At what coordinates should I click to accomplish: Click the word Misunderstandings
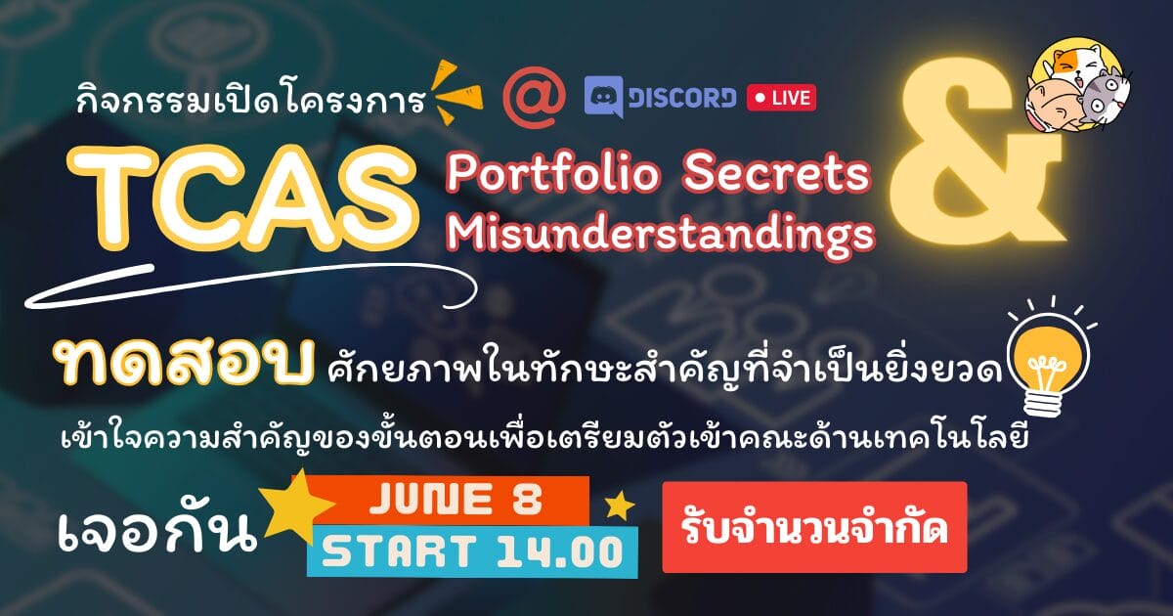(661, 234)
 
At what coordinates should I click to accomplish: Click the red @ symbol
(534, 98)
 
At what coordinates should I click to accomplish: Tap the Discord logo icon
(604, 97)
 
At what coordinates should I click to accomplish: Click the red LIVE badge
(781, 98)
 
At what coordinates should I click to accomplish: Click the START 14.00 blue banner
(472, 551)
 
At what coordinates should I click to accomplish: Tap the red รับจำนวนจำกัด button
(814, 527)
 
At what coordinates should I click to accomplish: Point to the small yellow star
(619, 505)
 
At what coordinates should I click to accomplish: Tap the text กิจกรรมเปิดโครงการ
(251, 98)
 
